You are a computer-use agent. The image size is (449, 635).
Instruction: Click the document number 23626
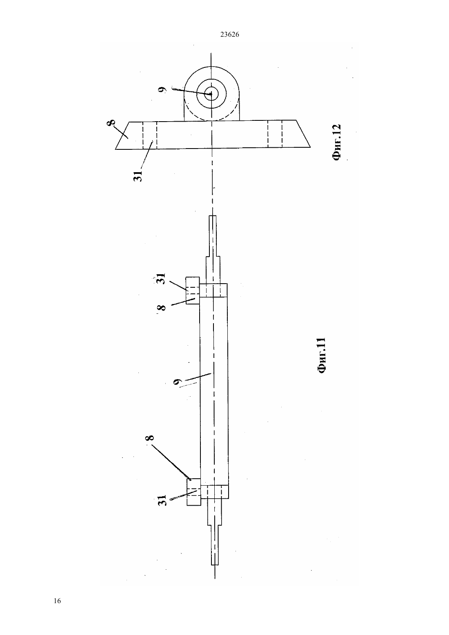pyautogui.click(x=229, y=35)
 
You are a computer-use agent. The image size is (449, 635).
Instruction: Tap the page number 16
pyautogui.click(x=57, y=601)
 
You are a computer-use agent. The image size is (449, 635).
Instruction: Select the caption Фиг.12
pyautogui.click(x=336, y=142)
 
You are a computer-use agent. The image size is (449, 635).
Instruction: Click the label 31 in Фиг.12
pyautogui.click(x=138, y=175)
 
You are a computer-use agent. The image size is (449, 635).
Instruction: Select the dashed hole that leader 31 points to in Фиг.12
pyautogui.click(x=150, y=135)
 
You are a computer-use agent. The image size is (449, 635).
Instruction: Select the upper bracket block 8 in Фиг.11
pyautogui.click(x=193, y=291)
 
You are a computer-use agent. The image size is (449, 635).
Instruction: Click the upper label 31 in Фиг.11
pyautogui.click(x=160, y=279)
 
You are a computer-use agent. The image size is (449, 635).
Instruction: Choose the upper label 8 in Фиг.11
pyautogui.click(x=161, y=308)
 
